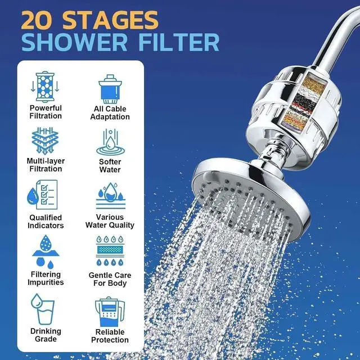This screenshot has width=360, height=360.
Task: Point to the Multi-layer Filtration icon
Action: click(x=46, y=141)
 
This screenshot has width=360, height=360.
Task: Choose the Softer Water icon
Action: click(x=110, y=142)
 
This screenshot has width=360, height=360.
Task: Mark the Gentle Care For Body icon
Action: click(x=110, y=251)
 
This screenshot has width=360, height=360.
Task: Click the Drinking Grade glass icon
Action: click(x=43, y=308)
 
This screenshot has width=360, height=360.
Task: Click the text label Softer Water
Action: click(x=110, y=165)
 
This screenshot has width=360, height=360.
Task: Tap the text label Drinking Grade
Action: click(x=46, y=335)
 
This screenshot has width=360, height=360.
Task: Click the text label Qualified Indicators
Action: click(x=46, y=221)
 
